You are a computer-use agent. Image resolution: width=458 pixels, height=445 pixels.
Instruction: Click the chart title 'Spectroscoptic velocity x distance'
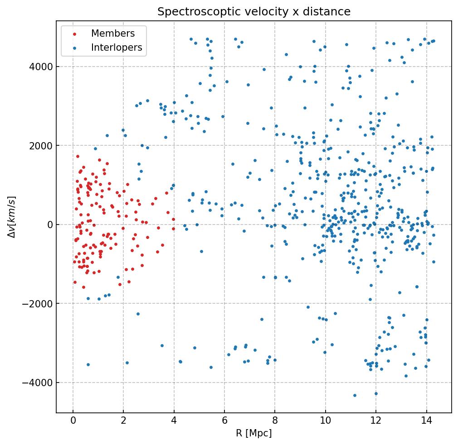(254, 12)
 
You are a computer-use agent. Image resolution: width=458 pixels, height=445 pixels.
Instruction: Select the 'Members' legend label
(113, 34)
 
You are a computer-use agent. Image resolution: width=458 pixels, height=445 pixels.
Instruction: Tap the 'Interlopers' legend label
(117, 48)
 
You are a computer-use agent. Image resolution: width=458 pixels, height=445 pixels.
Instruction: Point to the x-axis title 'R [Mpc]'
(254, 433)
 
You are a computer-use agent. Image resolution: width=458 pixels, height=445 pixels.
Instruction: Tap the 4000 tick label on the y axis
(41, 67)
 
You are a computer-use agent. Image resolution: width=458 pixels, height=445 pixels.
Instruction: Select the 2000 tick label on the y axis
(41, 146)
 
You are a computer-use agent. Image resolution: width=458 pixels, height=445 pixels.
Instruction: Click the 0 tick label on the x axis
(73, 421)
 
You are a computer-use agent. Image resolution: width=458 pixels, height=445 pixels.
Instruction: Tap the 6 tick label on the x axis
(224, 421)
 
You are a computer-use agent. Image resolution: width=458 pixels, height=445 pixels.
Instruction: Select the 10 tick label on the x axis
(325, 421)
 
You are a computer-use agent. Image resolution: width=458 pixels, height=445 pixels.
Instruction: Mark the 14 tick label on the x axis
(426, 421)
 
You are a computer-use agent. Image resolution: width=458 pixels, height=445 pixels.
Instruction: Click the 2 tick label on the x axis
(123, 421)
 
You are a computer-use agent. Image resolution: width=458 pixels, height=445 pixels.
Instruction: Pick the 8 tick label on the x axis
(275, 421)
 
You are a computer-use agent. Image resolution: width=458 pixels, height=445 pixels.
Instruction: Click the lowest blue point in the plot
(355, 395)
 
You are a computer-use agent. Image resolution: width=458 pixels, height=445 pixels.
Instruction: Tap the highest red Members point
(78, 156)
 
